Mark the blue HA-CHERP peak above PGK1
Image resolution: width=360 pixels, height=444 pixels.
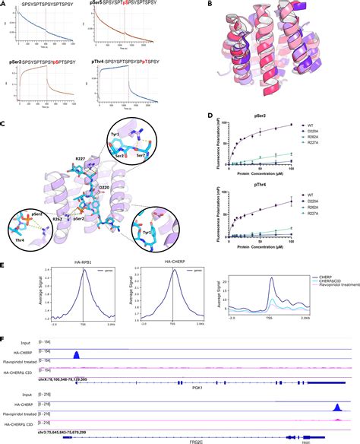click(x=76, y=355)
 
